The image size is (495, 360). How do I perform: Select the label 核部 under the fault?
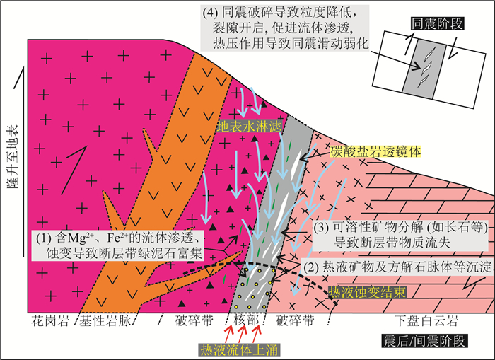click(x=244, y=320)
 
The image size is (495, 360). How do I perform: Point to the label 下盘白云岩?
click(x=421, y=320)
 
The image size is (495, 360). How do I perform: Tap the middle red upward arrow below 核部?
click(x=243, y=330)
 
